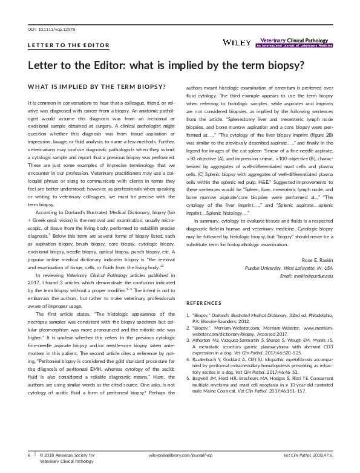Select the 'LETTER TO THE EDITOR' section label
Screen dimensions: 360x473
point(68,45)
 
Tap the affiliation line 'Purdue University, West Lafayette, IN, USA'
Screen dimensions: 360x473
point(289,267)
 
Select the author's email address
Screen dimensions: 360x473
point(302,276)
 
